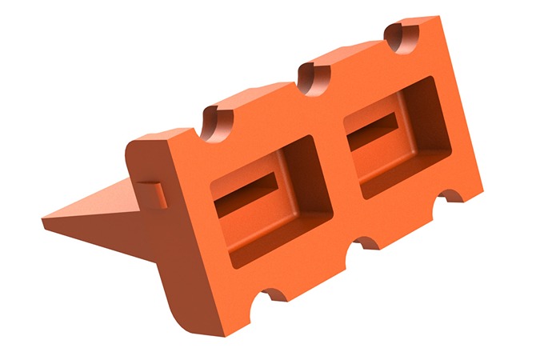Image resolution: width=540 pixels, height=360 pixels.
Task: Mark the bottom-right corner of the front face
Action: (482, 188)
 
